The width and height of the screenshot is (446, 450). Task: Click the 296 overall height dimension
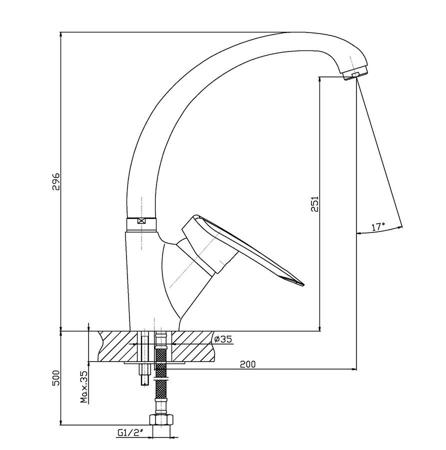55,181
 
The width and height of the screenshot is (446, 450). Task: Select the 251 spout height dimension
315,204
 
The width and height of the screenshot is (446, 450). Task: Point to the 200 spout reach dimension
247,364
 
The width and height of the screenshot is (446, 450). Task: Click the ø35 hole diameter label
223,339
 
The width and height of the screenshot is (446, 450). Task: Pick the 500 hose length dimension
55,378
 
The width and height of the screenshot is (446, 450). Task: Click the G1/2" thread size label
130,433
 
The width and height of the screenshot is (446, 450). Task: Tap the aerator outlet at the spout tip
356,75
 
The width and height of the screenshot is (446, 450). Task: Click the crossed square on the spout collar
141,221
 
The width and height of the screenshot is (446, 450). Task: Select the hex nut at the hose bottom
161,420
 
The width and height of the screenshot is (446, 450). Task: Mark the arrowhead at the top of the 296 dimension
60,35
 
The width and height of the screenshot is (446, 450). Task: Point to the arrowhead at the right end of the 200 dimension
353,369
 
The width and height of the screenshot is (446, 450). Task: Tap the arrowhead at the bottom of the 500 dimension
60,422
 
